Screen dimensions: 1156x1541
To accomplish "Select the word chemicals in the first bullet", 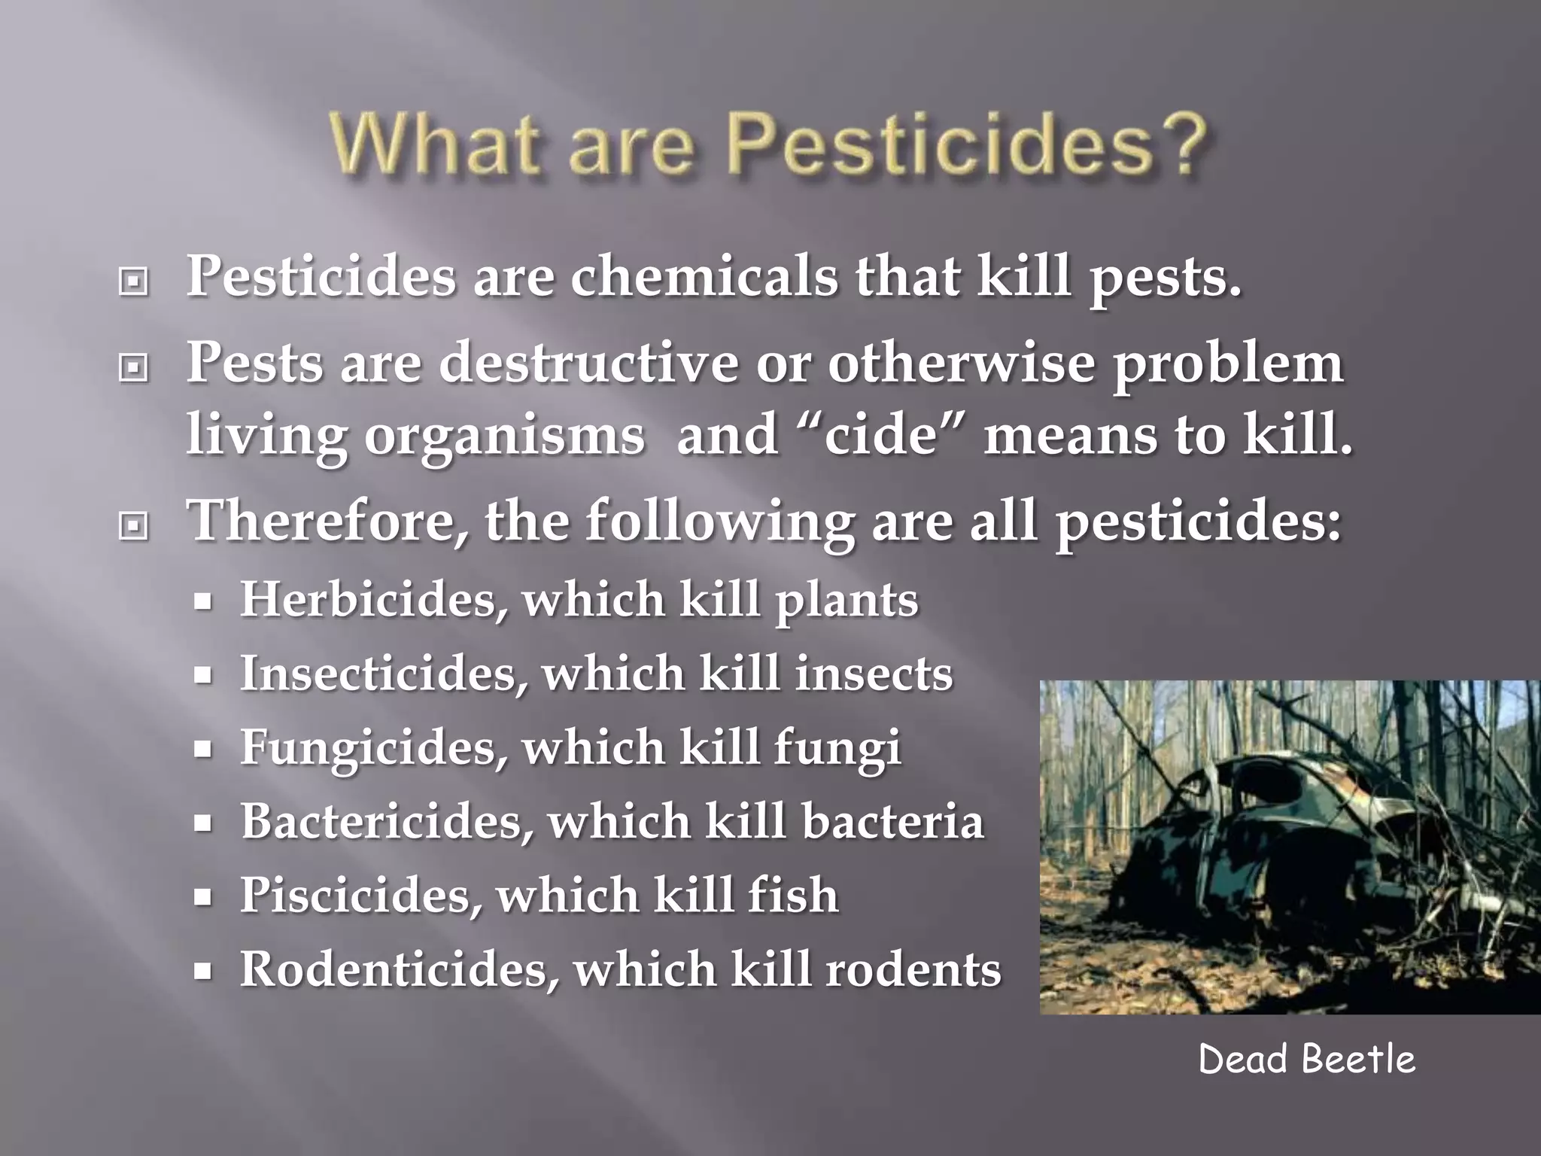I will [x=704, y=277].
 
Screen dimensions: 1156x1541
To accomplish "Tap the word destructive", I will [x=588, y=363].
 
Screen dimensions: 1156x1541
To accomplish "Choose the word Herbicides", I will [x=368, y=600].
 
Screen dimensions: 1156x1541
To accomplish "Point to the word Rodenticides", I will [x=395, y=969].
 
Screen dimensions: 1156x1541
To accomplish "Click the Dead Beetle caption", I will [x=1306, y=1060].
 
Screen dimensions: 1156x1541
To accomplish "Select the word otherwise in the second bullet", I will [x=961, y=363].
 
